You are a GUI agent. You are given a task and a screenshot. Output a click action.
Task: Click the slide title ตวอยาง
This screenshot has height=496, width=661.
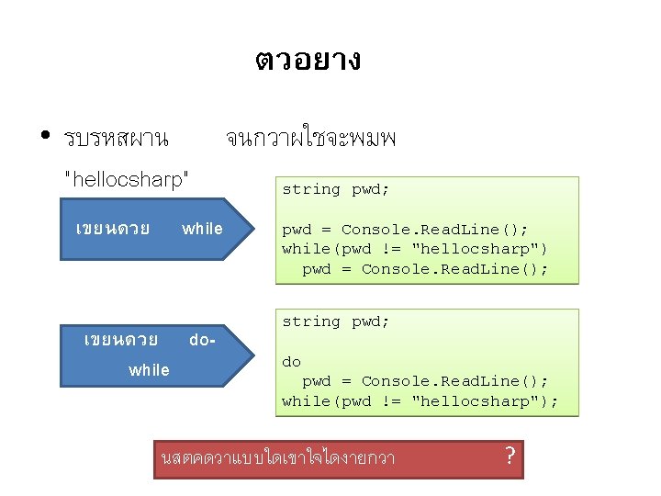tap(308, 61)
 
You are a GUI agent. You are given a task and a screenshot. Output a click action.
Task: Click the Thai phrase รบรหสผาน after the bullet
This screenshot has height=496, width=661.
tap(116, 140)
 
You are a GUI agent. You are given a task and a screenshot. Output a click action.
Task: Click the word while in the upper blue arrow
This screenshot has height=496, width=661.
tap(202, 229)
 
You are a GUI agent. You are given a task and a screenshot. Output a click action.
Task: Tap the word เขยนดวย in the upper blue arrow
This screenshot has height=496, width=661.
tap(113, 229)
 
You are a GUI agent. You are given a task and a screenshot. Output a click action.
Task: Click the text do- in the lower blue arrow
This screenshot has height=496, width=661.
tap(202, 340)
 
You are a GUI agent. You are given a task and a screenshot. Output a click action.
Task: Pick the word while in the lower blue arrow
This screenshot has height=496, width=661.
tap(149, 370)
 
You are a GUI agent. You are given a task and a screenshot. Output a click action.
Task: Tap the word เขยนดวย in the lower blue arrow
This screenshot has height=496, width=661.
tap(120, 340)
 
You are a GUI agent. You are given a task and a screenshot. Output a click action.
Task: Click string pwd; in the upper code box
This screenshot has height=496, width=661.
tap(335, 189)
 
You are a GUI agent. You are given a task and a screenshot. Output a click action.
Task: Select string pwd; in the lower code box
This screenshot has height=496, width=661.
tap(335, 321)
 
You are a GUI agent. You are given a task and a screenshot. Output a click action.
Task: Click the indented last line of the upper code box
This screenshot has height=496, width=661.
tap(425, 269)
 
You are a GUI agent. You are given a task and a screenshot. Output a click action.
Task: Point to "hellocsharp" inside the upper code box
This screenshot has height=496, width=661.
tap(476, 249)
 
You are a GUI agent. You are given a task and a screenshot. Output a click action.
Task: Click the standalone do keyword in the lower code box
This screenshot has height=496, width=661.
tap(291, 362)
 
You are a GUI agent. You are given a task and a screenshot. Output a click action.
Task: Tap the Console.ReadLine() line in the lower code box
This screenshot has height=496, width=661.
tap(425, 381)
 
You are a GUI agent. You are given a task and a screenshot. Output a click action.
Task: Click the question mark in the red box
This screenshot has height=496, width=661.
tap(510, 454)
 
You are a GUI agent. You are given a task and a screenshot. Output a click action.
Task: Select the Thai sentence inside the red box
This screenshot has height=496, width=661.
tap(277, 457)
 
